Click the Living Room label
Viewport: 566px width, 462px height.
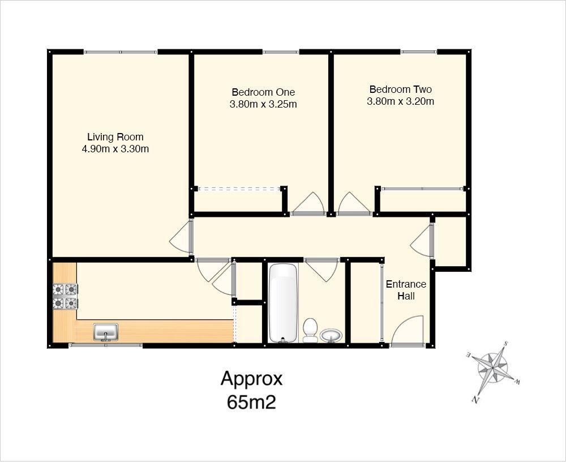[x=115, y=137]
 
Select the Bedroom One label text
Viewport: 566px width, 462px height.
[x=263, y=92]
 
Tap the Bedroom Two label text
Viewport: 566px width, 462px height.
[x=400, y=89]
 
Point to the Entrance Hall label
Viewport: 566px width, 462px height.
[x=406, y=290]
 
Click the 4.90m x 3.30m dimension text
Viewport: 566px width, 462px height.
[x=115, y=149]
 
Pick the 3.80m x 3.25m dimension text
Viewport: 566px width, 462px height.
[x=263, y=104]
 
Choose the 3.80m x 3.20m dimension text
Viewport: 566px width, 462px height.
[x=400, y=101]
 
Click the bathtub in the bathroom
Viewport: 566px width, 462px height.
[x=283, y=302]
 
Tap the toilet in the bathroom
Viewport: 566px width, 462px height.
[x=310, y=331]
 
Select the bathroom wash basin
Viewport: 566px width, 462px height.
[x=331, y=336]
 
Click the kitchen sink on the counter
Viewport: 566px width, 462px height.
[x=106, y=332]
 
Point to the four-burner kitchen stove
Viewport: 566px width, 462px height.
[x=65, y=297]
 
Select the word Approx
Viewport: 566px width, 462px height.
[x=251, y=378]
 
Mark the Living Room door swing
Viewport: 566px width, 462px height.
[x=181, y=237]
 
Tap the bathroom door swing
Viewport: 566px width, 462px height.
[x=321, y=269]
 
